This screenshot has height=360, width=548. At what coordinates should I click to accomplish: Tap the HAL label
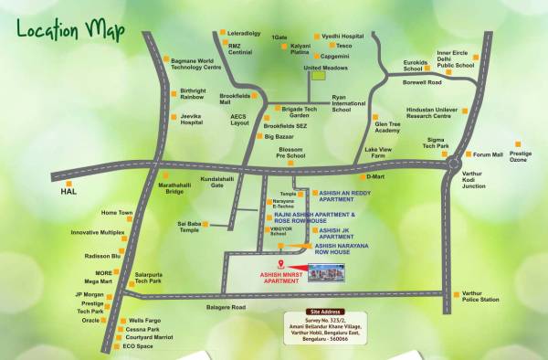(67, 193)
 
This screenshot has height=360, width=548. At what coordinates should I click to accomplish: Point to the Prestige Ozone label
(520, 156)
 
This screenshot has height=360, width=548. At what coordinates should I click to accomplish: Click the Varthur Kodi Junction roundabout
(453, 164)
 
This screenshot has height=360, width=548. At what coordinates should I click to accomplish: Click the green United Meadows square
(317, 77)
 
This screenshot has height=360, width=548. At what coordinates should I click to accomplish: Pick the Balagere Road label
(226, 307)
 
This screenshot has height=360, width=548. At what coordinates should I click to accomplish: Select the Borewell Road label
(422, 82)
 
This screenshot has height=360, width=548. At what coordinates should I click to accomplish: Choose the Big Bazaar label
(280, 136)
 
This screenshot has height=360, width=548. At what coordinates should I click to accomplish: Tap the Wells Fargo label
(144, 321)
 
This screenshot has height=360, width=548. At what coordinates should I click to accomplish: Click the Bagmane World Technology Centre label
(199, 64)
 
